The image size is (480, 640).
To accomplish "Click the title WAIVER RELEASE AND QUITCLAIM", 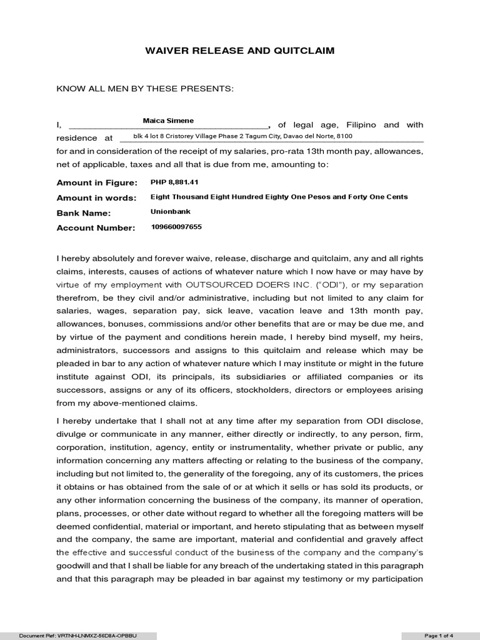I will [x=240, y=51].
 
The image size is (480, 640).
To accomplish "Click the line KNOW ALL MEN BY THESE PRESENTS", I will [x=145, y=89].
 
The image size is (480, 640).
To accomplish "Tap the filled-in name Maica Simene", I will [x=168, y=120].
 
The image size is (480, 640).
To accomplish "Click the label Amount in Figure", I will [x=97, y=182].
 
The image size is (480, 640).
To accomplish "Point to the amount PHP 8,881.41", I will [x=174, y=182].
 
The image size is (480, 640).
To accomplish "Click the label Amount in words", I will [x=96, y=197].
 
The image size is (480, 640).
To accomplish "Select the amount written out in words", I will [x=279, y=197].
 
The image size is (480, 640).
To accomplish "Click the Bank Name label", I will [x=84, y=213].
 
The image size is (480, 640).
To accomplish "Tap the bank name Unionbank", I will [x=171, y=212].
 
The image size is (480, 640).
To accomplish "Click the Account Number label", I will [x=96, y=228].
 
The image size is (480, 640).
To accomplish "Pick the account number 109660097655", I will [x=176, y=227].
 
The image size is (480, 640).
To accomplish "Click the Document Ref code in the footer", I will [x=78, y=636].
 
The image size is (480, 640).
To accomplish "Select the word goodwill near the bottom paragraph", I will [x=74, y=566].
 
